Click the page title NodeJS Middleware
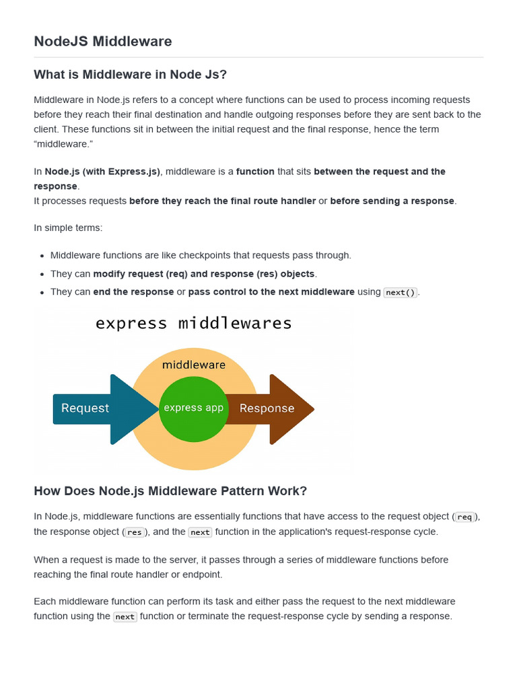click(x=103, y=42)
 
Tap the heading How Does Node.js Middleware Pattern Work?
click(x=170, y=491)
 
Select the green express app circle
click(x=194, y=408)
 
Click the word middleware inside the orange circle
click(x=194, y=365)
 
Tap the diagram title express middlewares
click(x=194, y=323)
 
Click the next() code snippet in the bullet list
click(x=401, y=293)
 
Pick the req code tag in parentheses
click(x=464, y=517)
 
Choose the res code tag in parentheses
click(x=135, y=532)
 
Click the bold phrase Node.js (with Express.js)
click(x=102, y=172)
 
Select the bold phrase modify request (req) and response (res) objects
click(x=204, y=274)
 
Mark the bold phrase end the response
click(x=133, y=292)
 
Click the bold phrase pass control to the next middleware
click(x=271, y=292)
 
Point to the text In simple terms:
click(x=68, y=227)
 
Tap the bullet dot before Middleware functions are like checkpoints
click(x=42, y=256)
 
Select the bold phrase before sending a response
click(x=392, y=201)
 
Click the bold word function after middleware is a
click(x=255, y=172)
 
